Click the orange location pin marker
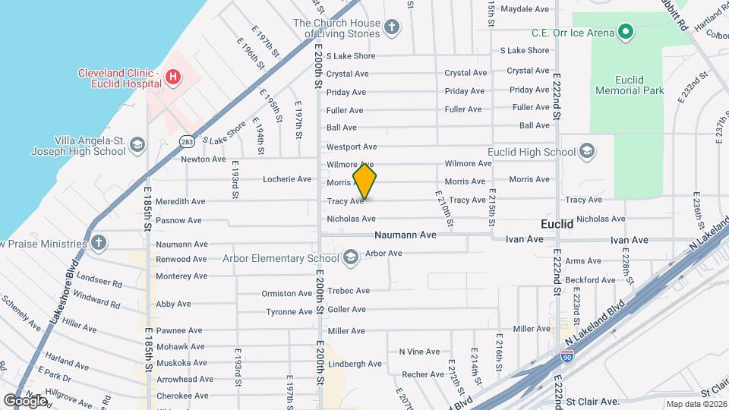click(365, 181)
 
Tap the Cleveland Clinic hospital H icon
click(173, 77)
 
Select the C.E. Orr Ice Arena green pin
click(625, 32)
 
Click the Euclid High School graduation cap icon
click(586, 152)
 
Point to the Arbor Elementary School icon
click(350, 258)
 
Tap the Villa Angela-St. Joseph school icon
click(137, 145)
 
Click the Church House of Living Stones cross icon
click(392, 28)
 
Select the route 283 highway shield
click(187, 141)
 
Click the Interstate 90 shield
click(566, 355)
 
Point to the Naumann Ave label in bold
click(405, 235)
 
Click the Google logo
click(25, 400)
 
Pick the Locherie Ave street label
click(286, 179)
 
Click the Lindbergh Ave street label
click(354, 364)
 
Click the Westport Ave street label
click(352, 147)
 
